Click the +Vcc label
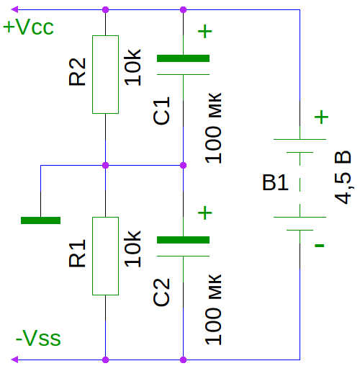click(x=28, y=27)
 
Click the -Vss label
click(x=38, y=338)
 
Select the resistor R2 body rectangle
click(x=105, y=74)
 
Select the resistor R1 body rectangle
click(x=105, y=256)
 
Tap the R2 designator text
click(x=77, y=72)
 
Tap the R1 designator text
click(x=77, y=253)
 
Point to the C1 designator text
click(x=161, y=111)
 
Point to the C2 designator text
click(x=161, y=293)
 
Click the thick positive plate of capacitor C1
click(x=183, y=58)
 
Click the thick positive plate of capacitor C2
click(x=183, y=240)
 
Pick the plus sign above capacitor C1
click(x=204, y=31)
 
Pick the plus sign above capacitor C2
click(x=204, y=213)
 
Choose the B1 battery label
click(x=275, y=182)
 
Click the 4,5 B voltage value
click(x=343, y=177)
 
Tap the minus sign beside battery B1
click(x=320, y=246)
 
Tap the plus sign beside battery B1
click(x=321, y=117)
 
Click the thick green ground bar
click(x=40, y=220)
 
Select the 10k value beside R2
click(x=132, y=67)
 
